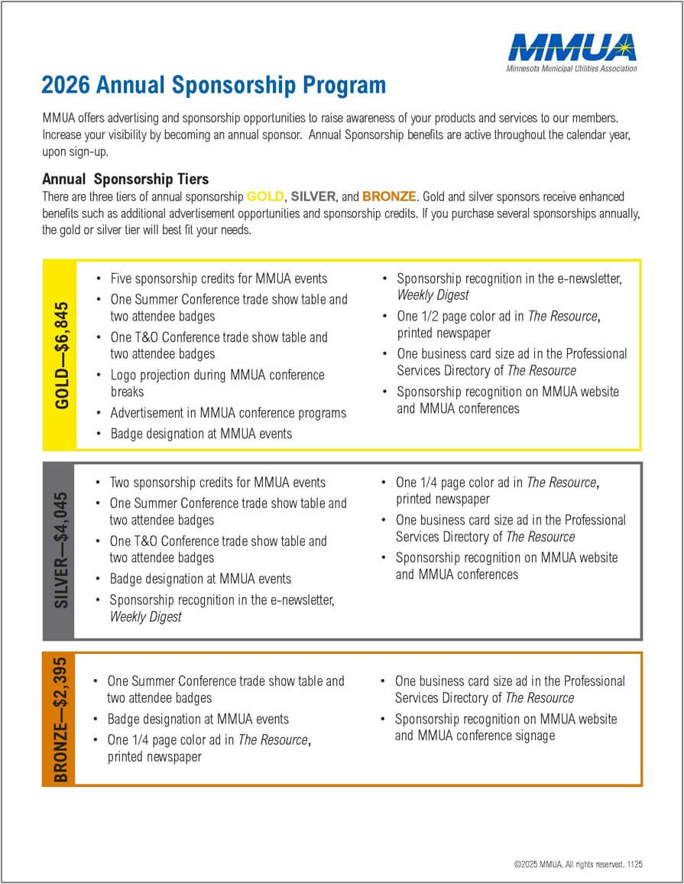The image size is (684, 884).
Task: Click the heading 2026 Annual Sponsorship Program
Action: click(x=213, y=84)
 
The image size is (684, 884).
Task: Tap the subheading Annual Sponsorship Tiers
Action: click(x=125, y=179)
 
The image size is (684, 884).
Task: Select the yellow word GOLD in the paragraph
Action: click(x=266, y=197)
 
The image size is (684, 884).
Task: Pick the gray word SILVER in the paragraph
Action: click(x=313, y=197)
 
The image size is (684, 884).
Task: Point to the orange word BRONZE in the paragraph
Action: click(x=390, y=197)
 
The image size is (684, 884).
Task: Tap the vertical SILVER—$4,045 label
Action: click(x=60, y=551)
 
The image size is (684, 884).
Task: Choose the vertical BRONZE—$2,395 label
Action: click(x=60, y=719)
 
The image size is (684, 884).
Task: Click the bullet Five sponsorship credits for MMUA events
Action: click(x=219, y=279)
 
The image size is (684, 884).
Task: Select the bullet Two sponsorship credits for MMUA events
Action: click(x=218, y=483)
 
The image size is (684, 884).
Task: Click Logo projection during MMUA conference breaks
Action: click(x=217, y=383)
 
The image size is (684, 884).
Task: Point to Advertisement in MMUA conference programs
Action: click(x=228, y=413)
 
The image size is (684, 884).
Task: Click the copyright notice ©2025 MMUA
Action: click(x=579, y=864)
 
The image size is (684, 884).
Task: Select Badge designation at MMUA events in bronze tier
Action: click(x=198, y=719)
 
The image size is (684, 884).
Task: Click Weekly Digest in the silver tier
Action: click(x=146, y=616)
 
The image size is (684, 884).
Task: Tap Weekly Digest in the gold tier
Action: click(x=433, y=295)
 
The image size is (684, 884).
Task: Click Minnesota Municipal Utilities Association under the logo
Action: click(x=571, y=69)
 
